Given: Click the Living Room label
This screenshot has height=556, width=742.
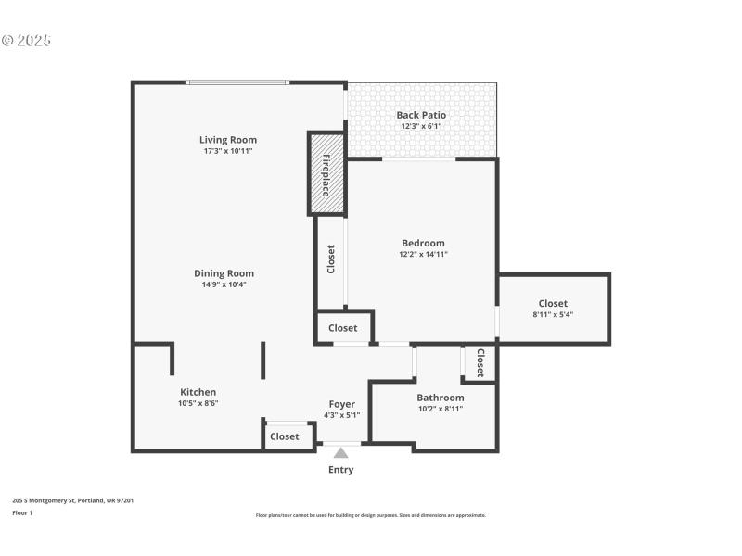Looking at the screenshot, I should tap(228, 140).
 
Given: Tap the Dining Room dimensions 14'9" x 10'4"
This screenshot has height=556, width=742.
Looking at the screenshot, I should tap(224, 284).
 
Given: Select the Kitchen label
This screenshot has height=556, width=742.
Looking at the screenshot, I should tap(198, 392).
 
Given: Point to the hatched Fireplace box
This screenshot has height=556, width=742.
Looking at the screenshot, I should tap(326, 174).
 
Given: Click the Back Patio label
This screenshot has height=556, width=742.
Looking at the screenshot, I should tap(421, 115).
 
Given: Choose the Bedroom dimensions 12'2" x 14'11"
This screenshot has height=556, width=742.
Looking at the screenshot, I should tap(423, 254).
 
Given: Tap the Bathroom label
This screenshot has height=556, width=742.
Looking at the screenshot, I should tap(440, 398).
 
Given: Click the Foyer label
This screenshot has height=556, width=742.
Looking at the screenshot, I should tap(342, 404).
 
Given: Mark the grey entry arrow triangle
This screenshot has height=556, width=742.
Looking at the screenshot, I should tap(341, 453).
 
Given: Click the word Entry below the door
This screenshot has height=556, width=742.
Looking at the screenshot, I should tap(340, 470).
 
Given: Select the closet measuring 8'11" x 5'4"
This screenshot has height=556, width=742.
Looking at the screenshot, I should tap(553, 309).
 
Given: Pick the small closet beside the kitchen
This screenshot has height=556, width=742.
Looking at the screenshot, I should tap(285, 436).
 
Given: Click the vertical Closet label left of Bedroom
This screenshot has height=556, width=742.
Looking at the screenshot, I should tap(330, 259).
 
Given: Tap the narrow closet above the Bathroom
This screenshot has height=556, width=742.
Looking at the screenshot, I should tap(480, 362).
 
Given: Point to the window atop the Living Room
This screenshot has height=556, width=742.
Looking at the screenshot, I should tap(237, 82).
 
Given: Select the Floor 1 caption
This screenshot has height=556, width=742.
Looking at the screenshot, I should tap(21, 512).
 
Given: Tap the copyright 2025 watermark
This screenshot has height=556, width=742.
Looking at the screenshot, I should tap(26, 41).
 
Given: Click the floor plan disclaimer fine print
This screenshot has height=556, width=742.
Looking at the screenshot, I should tap(370, 515).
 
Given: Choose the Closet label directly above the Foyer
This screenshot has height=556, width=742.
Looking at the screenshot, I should tap(342, 328).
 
